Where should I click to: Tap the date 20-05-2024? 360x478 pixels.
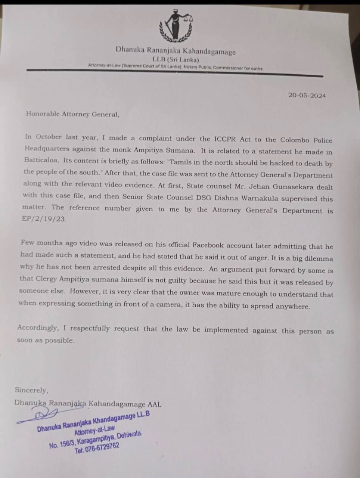pos(307,95)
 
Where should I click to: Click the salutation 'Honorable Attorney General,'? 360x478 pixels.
pos(73,114)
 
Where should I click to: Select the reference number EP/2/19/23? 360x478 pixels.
pos(44,219)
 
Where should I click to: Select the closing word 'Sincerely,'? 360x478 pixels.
pos(32,390)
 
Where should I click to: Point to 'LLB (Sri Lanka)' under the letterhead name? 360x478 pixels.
pos(176,60)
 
